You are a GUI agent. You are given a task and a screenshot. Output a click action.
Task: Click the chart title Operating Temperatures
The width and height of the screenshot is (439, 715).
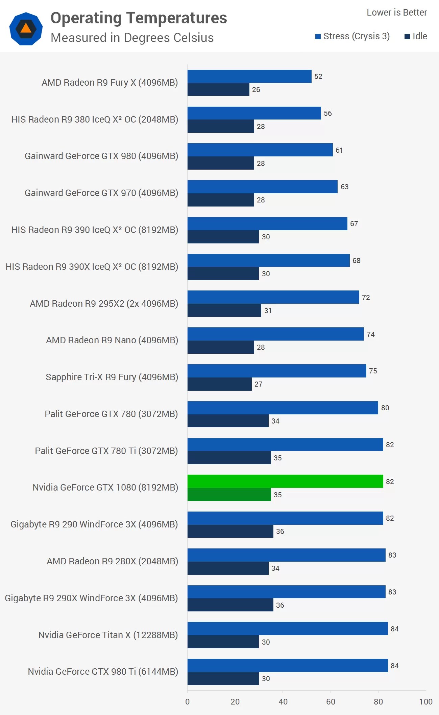139,18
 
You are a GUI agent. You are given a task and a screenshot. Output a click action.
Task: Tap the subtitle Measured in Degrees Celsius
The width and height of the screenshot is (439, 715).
132,38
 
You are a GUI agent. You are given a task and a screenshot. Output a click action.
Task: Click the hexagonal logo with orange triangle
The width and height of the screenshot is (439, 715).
26,29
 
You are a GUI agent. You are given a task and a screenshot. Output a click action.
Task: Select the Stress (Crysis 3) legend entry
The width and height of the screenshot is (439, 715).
352,36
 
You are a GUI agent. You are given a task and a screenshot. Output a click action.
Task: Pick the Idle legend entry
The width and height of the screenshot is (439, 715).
416,36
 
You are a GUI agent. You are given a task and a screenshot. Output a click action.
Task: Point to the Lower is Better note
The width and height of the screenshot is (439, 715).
397,13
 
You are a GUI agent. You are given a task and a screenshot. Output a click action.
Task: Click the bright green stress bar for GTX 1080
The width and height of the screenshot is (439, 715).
285,481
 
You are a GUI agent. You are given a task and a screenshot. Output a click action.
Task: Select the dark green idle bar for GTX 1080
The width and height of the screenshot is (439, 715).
229,495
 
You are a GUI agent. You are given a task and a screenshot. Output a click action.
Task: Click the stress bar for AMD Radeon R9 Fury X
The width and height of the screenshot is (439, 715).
249,76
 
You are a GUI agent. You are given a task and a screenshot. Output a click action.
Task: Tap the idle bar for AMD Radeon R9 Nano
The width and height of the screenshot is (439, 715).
221,347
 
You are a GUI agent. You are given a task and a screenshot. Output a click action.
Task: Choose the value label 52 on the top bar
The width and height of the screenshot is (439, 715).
318,77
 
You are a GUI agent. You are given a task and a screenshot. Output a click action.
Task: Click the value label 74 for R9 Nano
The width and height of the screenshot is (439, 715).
371,334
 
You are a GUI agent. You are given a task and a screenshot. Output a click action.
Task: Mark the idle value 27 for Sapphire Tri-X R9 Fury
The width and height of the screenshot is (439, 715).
259,384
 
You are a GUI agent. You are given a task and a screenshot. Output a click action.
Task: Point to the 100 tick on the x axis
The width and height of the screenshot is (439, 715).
425,702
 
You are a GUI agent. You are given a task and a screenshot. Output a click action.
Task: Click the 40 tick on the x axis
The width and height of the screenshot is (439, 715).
283,702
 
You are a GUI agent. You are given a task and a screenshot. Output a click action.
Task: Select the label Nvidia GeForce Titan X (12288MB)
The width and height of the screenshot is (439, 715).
108,635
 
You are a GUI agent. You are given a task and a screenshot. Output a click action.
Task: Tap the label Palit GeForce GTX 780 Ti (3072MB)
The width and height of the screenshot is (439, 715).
106,451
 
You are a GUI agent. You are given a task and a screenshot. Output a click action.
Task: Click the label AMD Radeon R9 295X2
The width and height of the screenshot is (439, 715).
104,303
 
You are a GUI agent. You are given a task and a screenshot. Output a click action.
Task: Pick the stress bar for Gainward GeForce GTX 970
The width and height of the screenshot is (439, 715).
262,187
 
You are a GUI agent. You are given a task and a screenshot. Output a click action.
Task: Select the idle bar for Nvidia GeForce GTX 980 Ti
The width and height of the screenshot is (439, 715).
223,679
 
